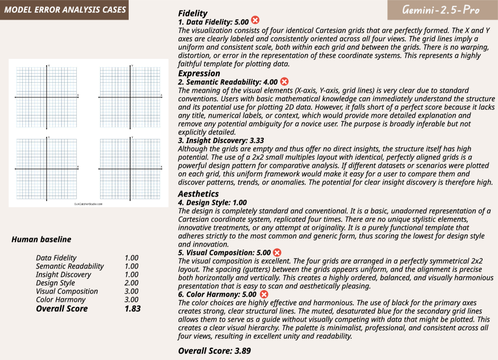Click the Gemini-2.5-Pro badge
point(441,10)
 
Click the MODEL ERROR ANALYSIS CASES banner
point(64,10)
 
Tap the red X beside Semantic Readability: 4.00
point(284,81)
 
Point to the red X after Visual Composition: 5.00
point(277,252)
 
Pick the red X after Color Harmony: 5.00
point(264,294)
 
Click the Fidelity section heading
point(193,13)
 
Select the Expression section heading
point(199,73)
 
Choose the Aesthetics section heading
point(198,194)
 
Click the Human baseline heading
point(41,239)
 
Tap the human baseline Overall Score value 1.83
point(132,309)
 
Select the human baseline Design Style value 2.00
point(131,283)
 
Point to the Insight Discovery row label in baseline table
point(63,274)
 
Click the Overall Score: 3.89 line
point(214,350)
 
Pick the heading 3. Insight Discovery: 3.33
point(221,141)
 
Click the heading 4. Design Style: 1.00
point(212,202)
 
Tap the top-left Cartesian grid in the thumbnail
point(47,96)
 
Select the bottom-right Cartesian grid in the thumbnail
point(130,168)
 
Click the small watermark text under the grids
point(88,203)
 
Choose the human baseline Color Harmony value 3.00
point(131,300)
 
